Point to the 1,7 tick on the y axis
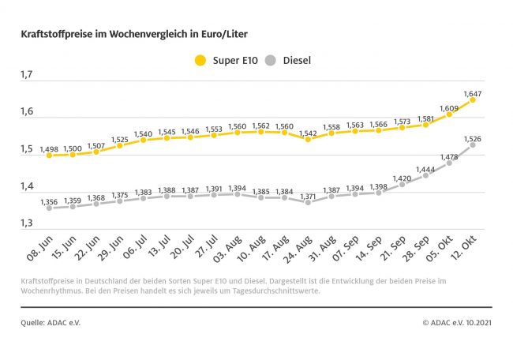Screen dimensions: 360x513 click(27, 75)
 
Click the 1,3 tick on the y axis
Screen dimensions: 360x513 click(27, 224)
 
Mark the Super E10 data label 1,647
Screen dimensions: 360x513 click(474, 93)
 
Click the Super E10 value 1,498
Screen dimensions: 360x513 click(50, 148)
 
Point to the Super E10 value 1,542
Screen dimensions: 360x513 click(309, 132)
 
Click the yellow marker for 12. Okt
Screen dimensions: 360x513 click(473, 100)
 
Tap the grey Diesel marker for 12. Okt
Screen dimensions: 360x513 click(473, 145)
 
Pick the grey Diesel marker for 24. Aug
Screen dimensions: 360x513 click(308, 202)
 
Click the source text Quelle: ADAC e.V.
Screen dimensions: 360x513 click(51, 322)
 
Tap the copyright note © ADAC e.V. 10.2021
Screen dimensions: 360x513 click(457, 322)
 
